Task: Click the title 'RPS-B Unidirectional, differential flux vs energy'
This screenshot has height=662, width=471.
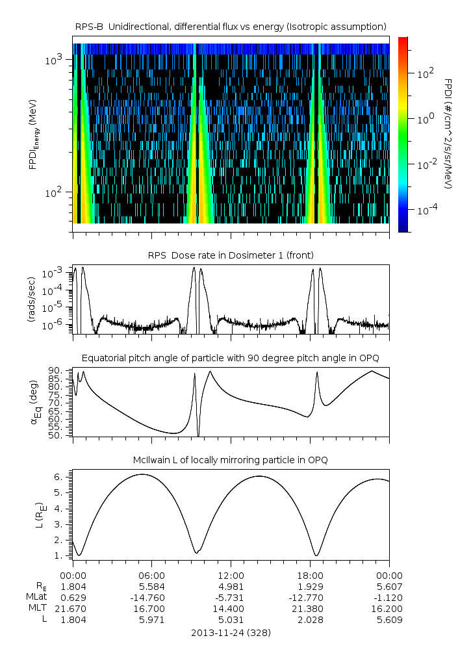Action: pyautogui.click(x=231, y=26)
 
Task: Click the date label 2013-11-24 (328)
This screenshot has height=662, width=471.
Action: pyautogui.click(x=231, y=632)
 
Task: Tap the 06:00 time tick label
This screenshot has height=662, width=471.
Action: pyautogui.click(x=152, y=575)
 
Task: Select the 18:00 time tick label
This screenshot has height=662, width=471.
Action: pyautogui.click(x=310, y=575)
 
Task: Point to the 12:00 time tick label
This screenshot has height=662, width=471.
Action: pyautogui.click(x=231, y=575)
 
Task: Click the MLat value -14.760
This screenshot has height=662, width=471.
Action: pyautogui.click(x=152, y=597)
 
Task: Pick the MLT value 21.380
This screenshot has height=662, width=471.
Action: pyautogui.click(x=310, y=608)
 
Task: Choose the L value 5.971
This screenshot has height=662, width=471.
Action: pyautogui.click(x=152, y=620)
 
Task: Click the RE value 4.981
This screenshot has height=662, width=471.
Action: pyautogui.click(x=231, y=586)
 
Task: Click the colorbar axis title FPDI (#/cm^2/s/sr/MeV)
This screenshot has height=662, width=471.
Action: pyautogui.click(x=448, y=134)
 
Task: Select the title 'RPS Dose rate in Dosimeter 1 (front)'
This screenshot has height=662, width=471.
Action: pyautogui.click(x=231, y=255)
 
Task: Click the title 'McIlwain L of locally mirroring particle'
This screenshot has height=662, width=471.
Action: pyautogui.click(x=231, y=460)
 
